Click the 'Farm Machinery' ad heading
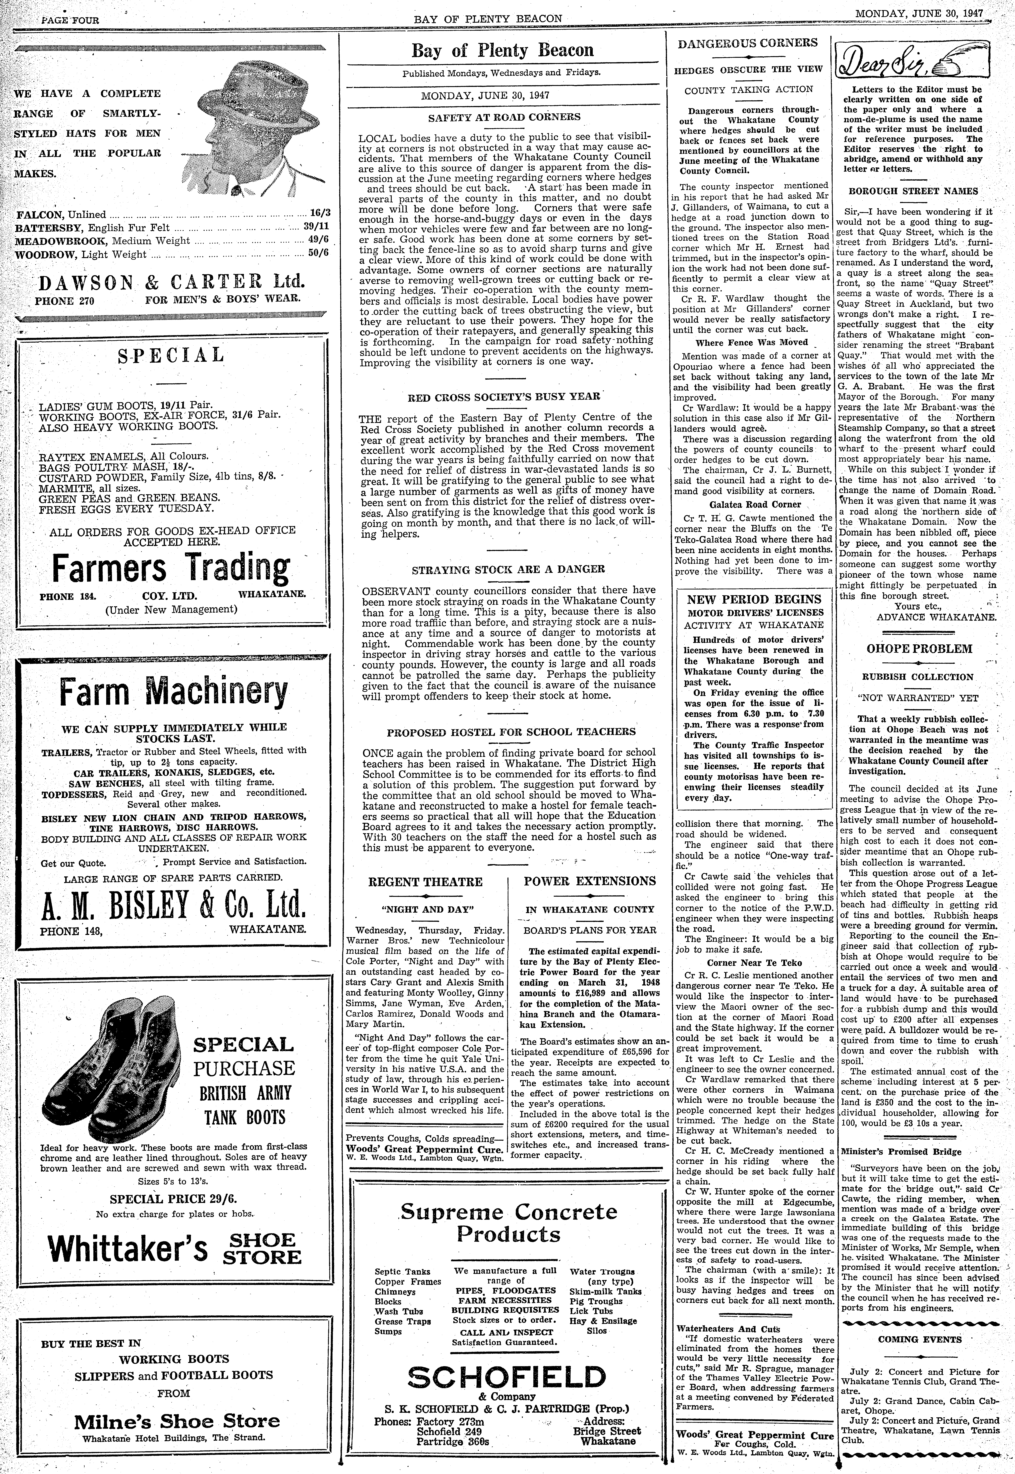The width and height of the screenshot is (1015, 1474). [x=173, y=692]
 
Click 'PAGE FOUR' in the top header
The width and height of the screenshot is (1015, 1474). [x=70, y=20]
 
